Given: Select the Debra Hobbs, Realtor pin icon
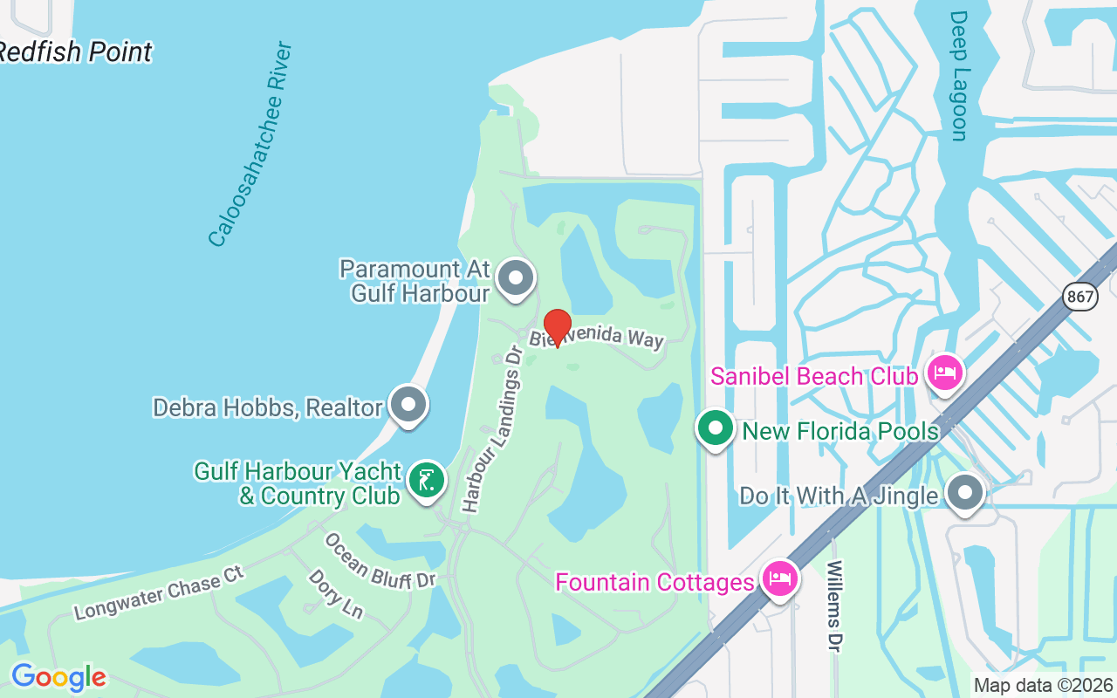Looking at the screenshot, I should (408, 405).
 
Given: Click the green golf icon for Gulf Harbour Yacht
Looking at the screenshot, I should (426, 481).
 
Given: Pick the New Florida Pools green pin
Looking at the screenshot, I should (716, 429).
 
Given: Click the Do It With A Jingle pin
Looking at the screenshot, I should (964, 493).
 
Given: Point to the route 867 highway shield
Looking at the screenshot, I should (1080, 297).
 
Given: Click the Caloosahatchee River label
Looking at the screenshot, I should (250, 144).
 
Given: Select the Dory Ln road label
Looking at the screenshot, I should (335, 594).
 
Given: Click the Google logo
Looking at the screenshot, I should (58, 677).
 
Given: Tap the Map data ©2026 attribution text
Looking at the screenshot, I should (1043, 685).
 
